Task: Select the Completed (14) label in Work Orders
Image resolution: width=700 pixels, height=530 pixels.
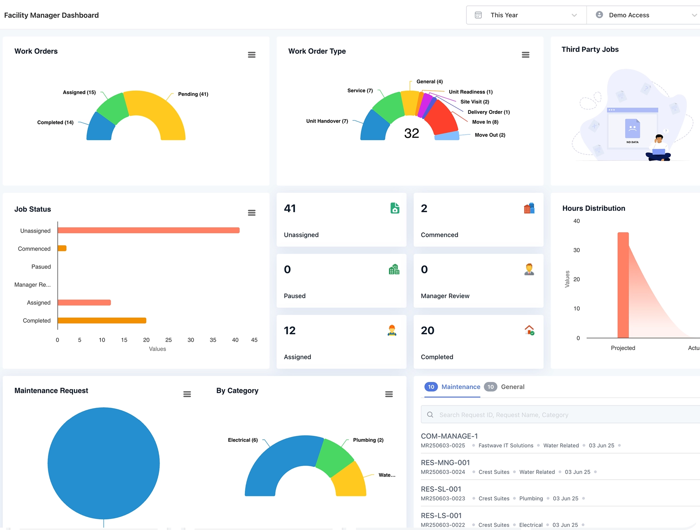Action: point(55,123)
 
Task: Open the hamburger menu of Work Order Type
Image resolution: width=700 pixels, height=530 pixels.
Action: point(525,55)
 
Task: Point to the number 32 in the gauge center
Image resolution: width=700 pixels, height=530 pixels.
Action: point(412,133)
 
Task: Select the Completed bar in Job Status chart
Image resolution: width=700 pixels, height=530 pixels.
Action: point(102,321)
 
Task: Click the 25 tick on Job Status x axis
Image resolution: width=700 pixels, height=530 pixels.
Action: point(168,340)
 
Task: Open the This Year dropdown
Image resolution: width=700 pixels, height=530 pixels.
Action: point(526,15)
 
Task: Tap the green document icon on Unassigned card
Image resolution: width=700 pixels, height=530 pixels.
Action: point(395,208)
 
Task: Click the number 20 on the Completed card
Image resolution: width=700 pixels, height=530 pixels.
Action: point(427,330)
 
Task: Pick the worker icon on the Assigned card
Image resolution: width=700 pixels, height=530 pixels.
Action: point(392,330)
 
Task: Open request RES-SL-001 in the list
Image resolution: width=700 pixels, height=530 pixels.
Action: point(441,489)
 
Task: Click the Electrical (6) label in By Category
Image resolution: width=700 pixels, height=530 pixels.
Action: point(243,440)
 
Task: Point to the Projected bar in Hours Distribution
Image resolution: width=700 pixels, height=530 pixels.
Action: point(623,285)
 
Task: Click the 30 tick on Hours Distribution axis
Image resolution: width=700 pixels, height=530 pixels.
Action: point(576,250)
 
